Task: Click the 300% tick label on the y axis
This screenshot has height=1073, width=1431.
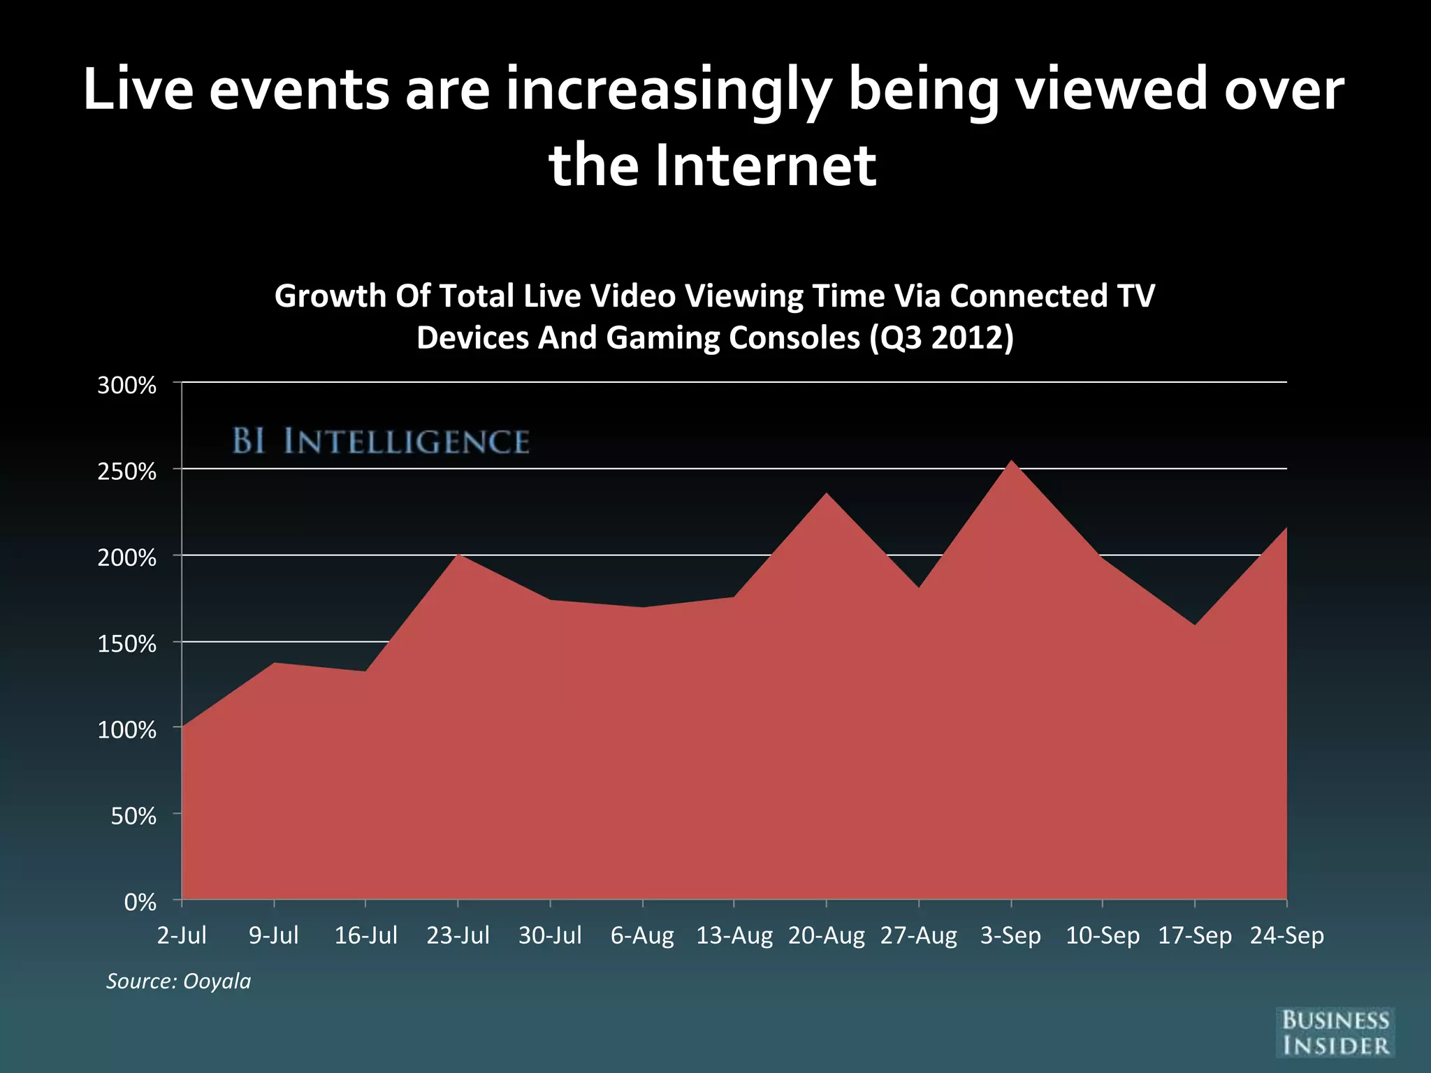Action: pyautogui.click(x=126, y=386)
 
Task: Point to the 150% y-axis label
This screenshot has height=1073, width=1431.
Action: pyautogui.click(x=126, y=644)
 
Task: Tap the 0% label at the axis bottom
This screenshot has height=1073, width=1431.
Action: pyautogui.click(x=140, y=903)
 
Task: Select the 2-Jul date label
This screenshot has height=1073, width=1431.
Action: pyautogui.click(x=182, y=935)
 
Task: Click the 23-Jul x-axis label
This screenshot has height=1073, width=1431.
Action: pyautogui.click(x=458, y=935)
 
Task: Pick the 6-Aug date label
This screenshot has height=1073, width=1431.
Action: pyautogui.click(x=642, y=935)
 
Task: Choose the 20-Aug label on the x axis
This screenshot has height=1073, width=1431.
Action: pyautogui.click(x=826, y=935)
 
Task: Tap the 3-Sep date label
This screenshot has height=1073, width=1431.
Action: pyautogui.click(x=1010, y=935)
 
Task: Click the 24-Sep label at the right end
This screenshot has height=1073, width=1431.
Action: pyautogui.click(x=1286, y=935)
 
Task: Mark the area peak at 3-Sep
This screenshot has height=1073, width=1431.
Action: pyautogui.click(x=1011, y=462)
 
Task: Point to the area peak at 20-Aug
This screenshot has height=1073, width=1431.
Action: pyautogui.click(x=826, y=494)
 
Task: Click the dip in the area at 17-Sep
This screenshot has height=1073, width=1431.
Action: pyautogui.click(x=1195, y=625)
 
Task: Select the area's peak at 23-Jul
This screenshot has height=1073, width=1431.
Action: pyautogui.click(x=458, y=555)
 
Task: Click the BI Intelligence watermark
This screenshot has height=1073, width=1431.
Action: pyautogui.click(x=381, y=441)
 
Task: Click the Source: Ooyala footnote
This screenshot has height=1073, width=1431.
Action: pyautogui.click(x=178, y=981)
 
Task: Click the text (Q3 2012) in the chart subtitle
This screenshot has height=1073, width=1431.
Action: pyautogui.click(x=941, y=337)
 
